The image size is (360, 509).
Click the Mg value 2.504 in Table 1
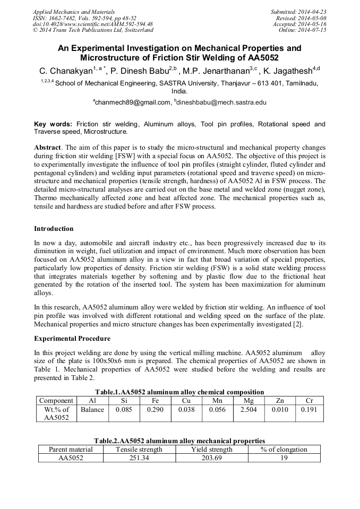point(248,409)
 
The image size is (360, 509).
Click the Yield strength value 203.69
point(211,458)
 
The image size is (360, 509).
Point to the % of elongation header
point(284,449)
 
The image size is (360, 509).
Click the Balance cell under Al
point(92,409)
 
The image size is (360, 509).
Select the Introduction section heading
point(54,229)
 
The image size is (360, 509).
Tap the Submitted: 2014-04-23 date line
point(299,12)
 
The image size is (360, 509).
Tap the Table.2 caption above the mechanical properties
point(179,441)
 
